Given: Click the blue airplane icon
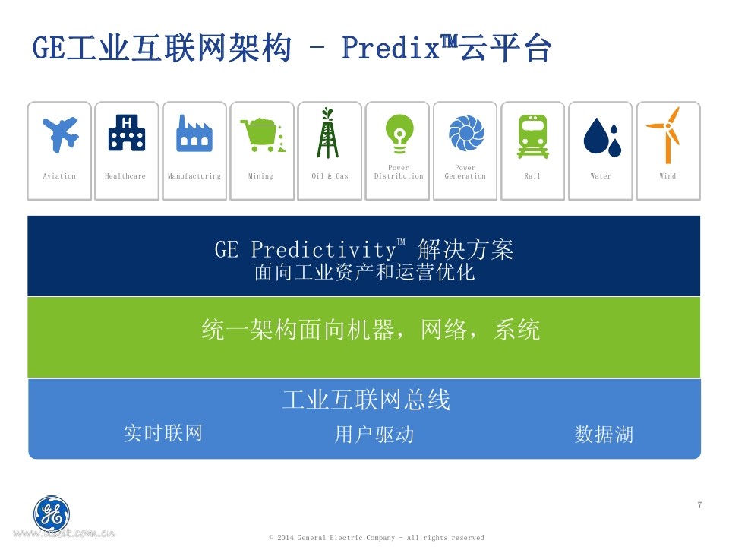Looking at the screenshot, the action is (61, 134).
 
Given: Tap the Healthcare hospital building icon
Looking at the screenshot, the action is (127, 132).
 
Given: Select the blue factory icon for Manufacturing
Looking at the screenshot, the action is (194, 133).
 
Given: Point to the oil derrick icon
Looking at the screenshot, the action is (328, 133).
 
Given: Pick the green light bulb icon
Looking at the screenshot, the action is (399, 134).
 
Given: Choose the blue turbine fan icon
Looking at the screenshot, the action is (466, 133).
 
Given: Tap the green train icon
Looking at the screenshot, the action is (533, 137).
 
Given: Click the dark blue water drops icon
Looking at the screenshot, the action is (602, 137).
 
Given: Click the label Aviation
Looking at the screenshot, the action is (59, 175).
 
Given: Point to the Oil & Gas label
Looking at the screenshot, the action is (330, 175).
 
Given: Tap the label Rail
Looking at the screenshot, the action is (532, 175).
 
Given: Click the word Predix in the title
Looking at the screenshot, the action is (390, 47).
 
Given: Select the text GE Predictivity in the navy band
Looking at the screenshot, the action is (305, 249).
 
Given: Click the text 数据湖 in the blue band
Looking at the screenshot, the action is (604, 435).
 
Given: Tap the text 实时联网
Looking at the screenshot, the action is (163, 433).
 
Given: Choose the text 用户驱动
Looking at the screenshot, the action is (374, 435).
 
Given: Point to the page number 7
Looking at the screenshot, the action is (699, 505).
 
